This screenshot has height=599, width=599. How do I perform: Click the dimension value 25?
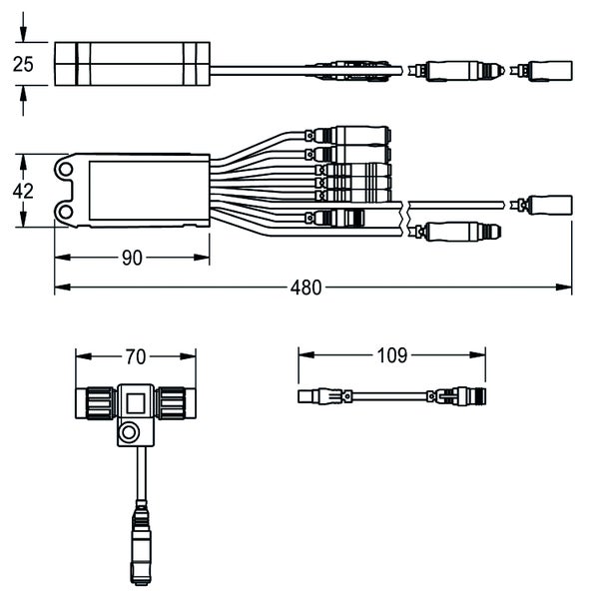(x=24, y=65)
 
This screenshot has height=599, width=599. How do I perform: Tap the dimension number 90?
(x=132, y=259)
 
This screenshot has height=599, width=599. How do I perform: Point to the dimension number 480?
(x=306, y=289)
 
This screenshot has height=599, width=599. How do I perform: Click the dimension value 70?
(x=135, y=355)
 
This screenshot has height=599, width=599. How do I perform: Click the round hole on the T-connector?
(x=129, y=433)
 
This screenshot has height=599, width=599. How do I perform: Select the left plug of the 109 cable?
(x=321, y=397)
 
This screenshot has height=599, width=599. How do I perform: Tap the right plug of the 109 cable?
(x=460, y=397)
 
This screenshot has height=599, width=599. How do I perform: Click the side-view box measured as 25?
(x=132, y=66)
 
